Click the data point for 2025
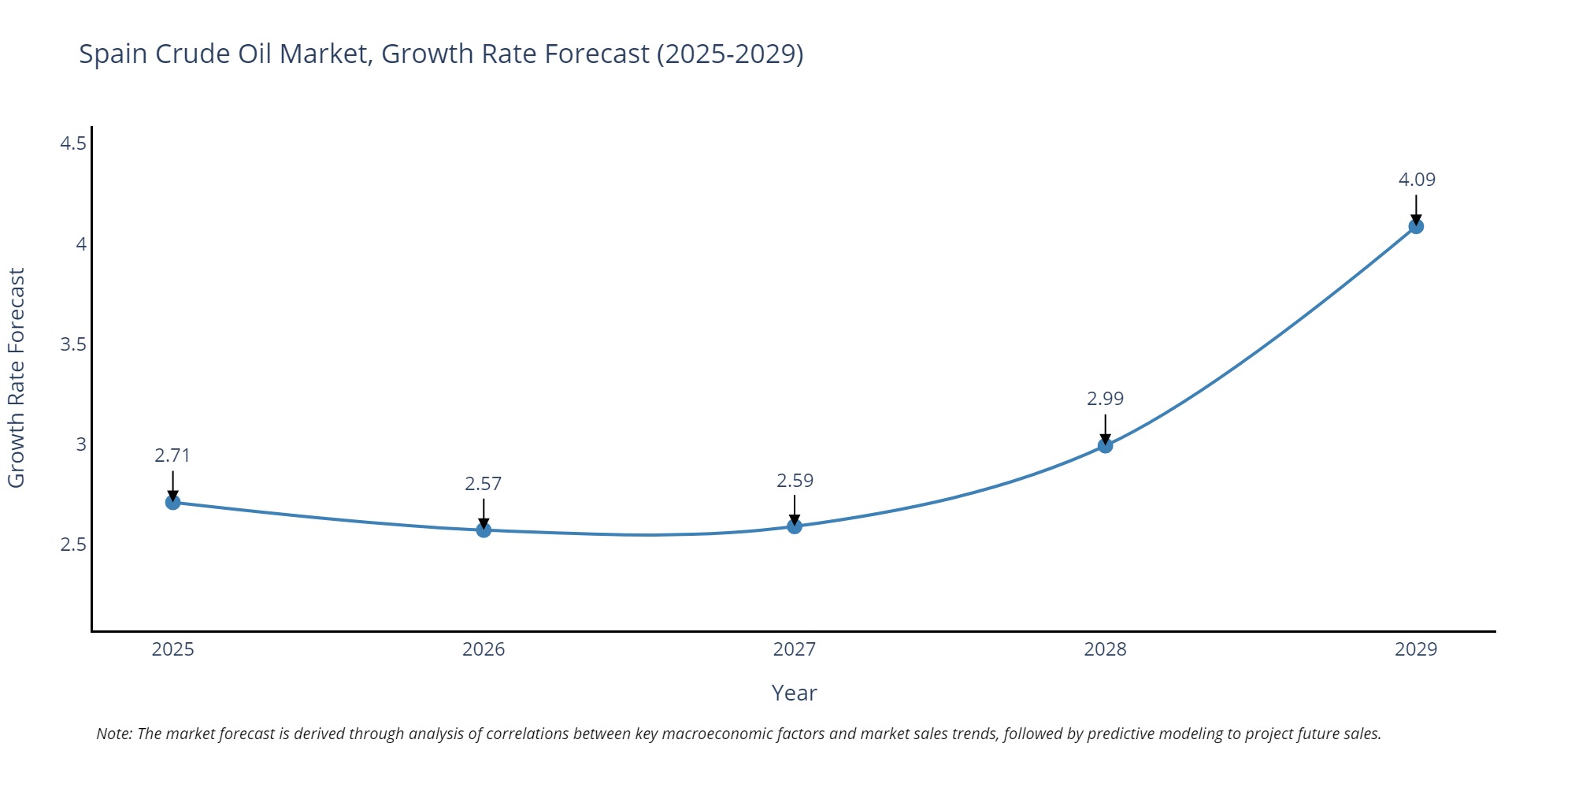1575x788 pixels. (x=173, y=502)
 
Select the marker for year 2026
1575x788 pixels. (x=484, y=530)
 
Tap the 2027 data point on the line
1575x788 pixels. (x=795, y=526)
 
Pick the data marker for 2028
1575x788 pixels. (x=1105, y=445)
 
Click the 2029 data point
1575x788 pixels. (x=1416, y=226)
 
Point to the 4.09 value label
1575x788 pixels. (x=1417, y=180)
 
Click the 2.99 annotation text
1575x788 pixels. (x=1105, y=399)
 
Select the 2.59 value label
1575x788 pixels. (x=795, y=481)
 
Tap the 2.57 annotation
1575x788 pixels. (x=483, y=484)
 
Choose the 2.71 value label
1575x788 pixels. (x=172, y=455)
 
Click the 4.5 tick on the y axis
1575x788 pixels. (x=73, y=143)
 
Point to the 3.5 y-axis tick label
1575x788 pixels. (x=73, y=344)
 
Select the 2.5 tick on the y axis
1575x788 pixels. (x=73, y=545)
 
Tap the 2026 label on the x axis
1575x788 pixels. (x=484, y=649)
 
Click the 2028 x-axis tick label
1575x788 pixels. (x=1105, y=649)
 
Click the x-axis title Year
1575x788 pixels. (x=794, y=693)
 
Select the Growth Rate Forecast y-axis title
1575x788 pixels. (x=17, y=377)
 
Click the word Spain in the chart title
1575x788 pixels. (x=113, y=54)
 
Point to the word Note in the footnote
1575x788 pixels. (x=113, y=734)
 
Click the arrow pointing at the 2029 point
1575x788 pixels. (x=1416, y=209)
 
